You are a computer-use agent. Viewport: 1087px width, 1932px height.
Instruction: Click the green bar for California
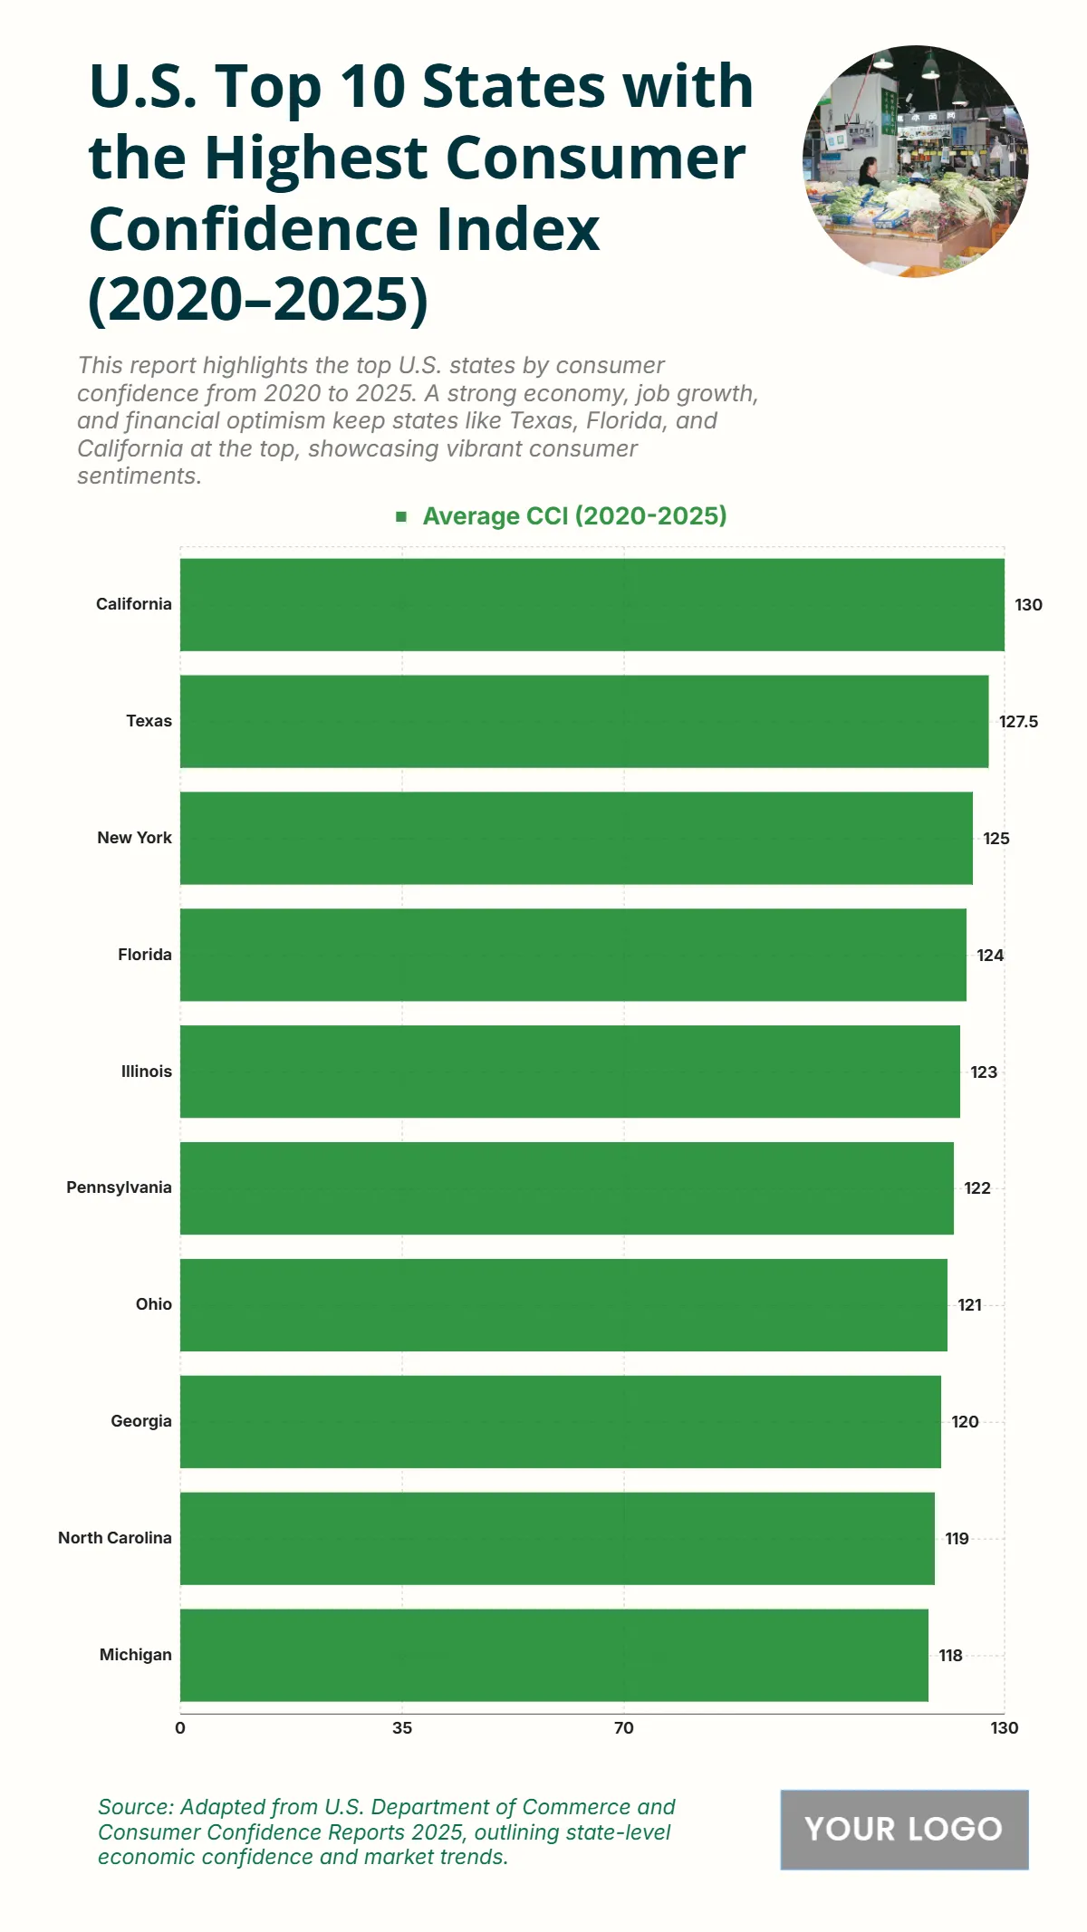(x=592, y=604)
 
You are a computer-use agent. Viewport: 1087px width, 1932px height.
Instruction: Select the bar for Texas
(x=584, y=721)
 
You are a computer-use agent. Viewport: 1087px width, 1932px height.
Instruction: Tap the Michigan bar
(x=554, y=1655)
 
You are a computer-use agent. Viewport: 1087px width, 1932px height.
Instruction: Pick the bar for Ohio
(x=563, y=1304)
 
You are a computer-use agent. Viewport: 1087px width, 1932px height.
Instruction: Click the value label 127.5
(x=1018, y=722)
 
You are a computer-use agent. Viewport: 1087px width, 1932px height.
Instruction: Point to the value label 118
(x=950, y=1656)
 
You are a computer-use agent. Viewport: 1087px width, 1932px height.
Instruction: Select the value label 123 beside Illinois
(x=983, y=1072)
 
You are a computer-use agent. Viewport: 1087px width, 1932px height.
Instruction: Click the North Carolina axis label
(x=115, y=1538)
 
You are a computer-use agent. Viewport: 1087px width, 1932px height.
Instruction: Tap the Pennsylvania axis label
(x=119, y=1187)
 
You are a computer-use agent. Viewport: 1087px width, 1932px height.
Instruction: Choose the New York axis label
(x=134, y=838)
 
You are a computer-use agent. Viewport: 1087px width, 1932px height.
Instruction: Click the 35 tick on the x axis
(x=402, y=1728)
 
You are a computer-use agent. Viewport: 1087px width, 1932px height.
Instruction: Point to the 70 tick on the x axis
(x=624, y=1728)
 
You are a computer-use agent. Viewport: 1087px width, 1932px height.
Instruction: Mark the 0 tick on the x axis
(x=180, y=1728)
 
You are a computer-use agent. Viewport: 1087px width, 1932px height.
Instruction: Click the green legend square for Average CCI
(x=401, y=516)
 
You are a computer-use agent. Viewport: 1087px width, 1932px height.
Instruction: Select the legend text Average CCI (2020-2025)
(x=574, y=516)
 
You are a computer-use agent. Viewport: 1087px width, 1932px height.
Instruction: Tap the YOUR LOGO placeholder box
(x=904, y=1829)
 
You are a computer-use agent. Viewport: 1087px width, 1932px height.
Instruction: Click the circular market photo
(x=915, y=161)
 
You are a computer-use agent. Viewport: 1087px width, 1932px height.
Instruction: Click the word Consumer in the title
(x=595, y=158)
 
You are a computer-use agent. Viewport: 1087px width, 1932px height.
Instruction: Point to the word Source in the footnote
(x=136, y=1807)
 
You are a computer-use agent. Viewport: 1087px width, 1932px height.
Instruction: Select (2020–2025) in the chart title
(x=258, y=300)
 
